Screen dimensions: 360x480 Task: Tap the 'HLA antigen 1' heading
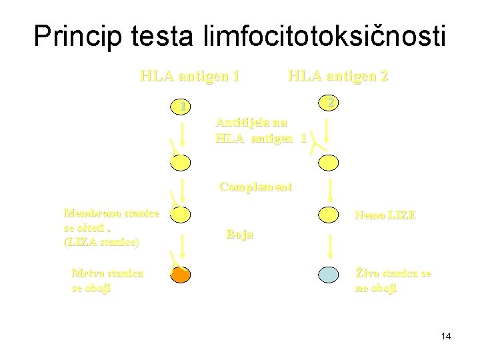190,75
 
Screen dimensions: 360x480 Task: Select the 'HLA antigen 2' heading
337,75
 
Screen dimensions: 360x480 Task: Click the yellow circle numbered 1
181,106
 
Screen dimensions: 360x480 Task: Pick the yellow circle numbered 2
329,103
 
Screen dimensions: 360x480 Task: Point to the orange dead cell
181,274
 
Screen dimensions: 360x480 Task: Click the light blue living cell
329,274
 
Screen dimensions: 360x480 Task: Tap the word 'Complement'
255,187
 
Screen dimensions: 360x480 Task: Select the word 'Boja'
239,235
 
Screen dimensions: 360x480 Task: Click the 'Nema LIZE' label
385,216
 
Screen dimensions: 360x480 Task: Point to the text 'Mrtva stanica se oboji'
107,280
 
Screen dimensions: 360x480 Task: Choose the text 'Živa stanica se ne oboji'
393,280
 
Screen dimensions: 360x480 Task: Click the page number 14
446,336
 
